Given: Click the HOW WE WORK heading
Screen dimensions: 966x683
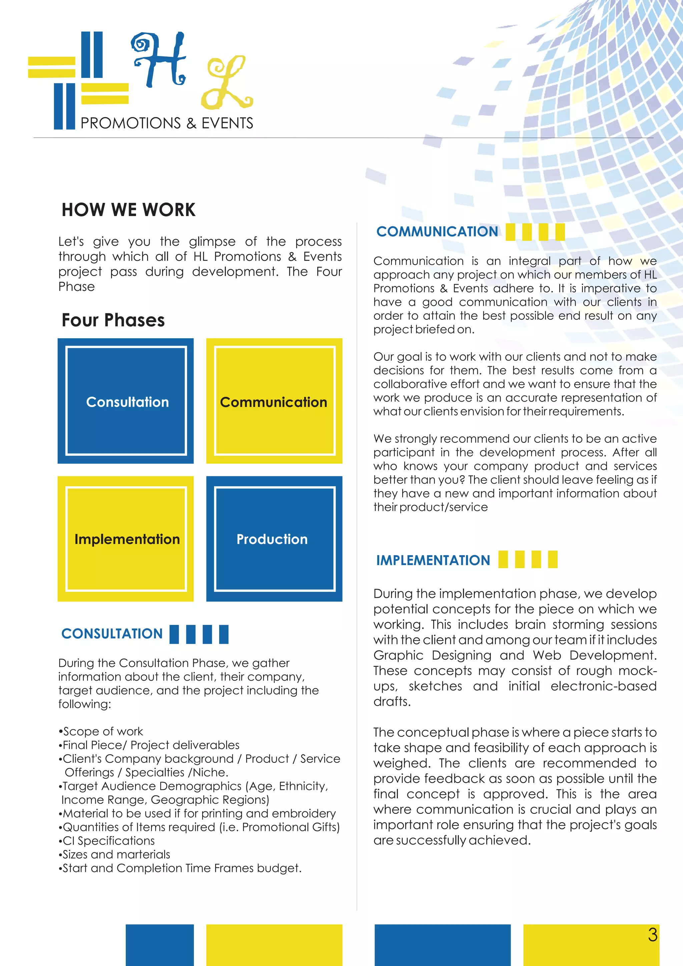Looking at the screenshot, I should (128, 209).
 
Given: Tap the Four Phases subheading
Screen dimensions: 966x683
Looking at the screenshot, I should (113, 320).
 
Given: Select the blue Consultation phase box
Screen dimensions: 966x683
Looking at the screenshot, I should (126, 401).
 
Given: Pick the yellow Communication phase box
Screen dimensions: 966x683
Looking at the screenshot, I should (274, 401).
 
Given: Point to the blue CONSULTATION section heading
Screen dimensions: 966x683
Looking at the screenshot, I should (112, 634).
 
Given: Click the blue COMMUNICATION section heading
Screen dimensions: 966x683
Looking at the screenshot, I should (437, 231).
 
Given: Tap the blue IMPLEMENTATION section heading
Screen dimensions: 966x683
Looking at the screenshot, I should (433, 560).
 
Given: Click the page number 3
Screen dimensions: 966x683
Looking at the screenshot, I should (652, 935).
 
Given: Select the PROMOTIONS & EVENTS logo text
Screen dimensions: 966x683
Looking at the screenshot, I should (166, 123).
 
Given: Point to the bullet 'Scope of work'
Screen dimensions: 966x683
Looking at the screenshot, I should (103, 731).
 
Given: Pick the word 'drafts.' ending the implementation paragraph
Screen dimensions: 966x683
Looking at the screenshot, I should (392, 701).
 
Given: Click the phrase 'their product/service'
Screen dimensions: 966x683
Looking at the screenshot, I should (430, 507).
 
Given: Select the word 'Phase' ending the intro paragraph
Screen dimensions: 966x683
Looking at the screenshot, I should (77, 287).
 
